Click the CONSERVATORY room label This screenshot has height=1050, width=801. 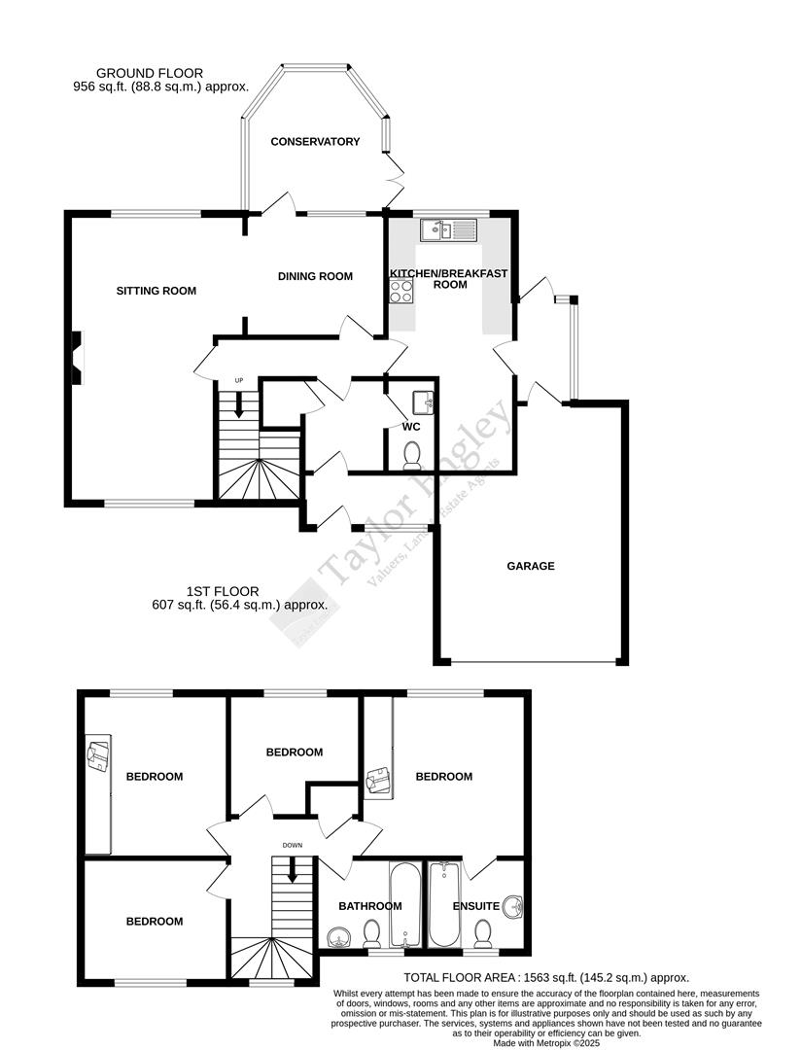coord(315,142)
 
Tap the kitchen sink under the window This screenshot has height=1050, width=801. coord(449,230)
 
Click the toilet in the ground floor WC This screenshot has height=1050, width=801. coord(411,454)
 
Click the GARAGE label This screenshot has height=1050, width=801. coord(531,566)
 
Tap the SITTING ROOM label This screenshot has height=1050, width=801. coord(157,291)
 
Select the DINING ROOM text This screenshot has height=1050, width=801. coord(315,277)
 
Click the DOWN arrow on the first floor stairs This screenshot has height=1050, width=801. coord(292,873)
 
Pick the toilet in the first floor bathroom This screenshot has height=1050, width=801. coord(370,935)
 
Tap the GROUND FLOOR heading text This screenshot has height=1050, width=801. coord(149,73)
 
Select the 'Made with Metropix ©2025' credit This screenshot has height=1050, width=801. coord(546,1042)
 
